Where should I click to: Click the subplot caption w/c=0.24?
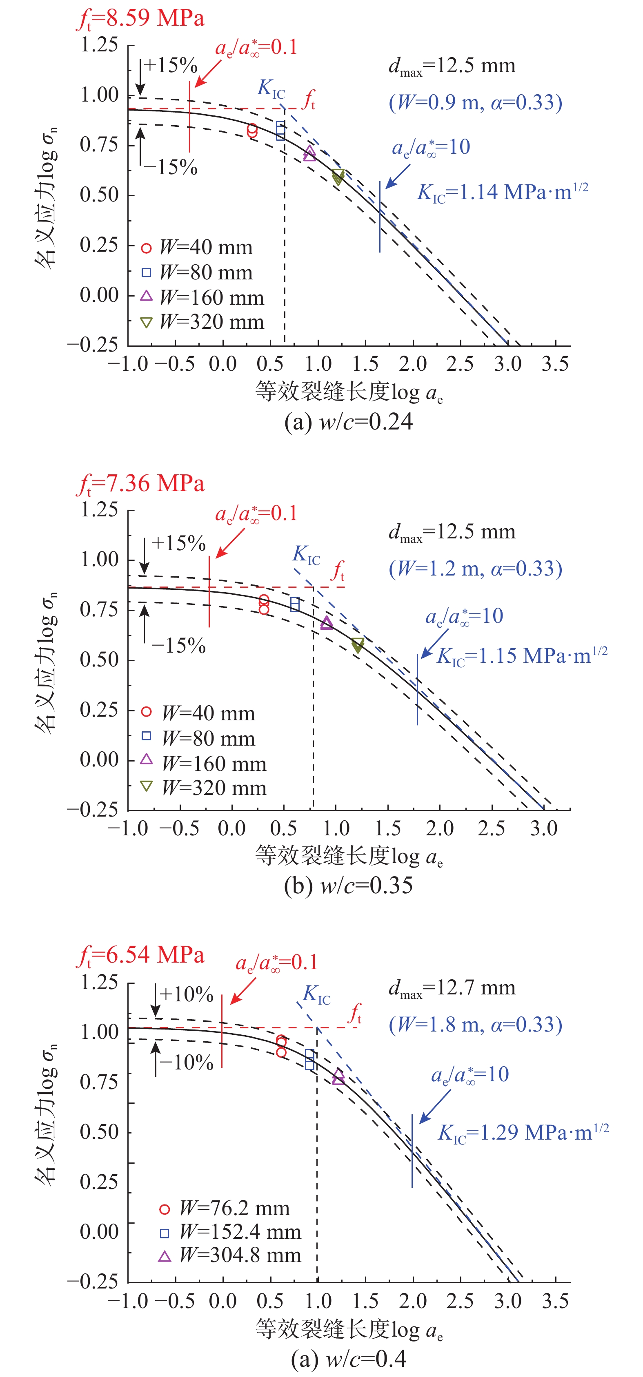(x=349, y=422)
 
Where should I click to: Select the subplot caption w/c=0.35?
(x=349, y=886)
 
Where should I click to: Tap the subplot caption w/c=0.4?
(x=349, y=1358)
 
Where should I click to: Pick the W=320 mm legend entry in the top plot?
(x=203, y=322)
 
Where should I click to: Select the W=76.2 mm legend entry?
(x=225, y=1209)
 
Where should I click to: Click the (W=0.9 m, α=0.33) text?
(x=476, y=103)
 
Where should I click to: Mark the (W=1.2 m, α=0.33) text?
(x=476, y=569)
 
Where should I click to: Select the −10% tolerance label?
(x=187, y=1062)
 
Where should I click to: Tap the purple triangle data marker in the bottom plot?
(x=338, y=1077)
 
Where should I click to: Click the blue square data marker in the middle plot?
(x=295, y=604)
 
